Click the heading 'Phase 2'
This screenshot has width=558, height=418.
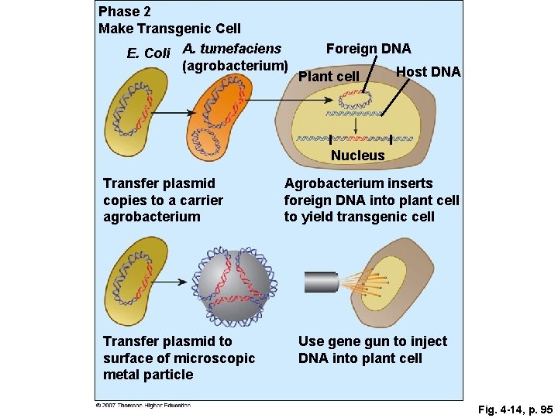click(x=126, y=12)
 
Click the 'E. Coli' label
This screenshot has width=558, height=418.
click(x=148, y=53)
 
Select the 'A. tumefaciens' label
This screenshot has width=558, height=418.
click(x=232, y=50)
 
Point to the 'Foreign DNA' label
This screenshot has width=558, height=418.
click(x=368, y=49)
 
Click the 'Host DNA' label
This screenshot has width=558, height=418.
click(x=428, y=72)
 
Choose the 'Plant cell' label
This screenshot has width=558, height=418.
click(x=329, y=76)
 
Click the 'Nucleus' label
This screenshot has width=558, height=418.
click(x=357, y=156)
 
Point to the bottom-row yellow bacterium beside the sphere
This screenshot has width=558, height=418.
click(x=139, y=283)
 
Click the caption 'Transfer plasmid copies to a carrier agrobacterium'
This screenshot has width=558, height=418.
click(x=163, y=200)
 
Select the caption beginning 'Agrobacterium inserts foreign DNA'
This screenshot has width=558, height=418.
click(x=371, y=200)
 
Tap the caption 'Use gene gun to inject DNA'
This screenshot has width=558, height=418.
click(x=372, y=350)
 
